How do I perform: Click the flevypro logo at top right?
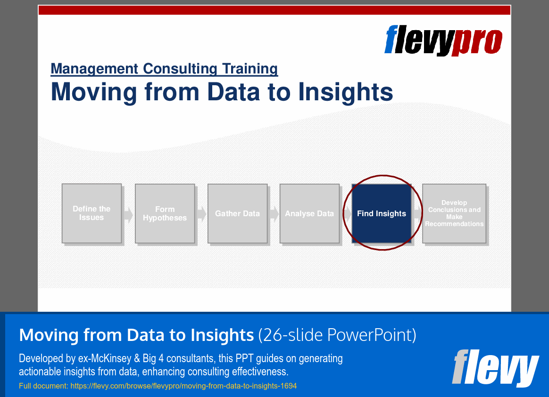click(443, 41)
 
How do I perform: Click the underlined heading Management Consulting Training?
click(164, 69)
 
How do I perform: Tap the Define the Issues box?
click(91, 213)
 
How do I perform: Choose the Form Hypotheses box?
click(165, 213)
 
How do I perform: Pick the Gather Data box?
click(237, 213)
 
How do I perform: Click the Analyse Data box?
click(309, 213)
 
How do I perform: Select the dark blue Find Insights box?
click(381, 213)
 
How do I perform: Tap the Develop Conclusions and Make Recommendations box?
click(454, 213)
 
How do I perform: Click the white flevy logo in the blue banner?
click(495, 368)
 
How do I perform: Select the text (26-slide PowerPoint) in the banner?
click(337, 335)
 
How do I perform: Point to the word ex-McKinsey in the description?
click(106, 358)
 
